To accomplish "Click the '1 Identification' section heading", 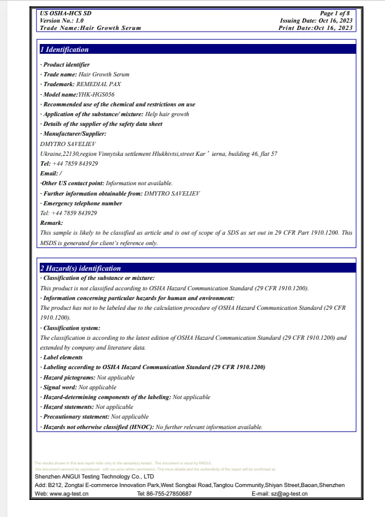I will pyautogui.click(x=64, y=50).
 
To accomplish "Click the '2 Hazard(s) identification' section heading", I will pyautogui.click(x=80, y=268).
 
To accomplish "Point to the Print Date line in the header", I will pyautogui.click(x=315, y=28).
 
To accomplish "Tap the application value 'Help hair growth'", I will pyautogui.click(x=167, y=114).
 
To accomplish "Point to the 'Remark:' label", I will pyautogui.click(x=51, y=223).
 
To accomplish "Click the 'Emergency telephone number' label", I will pyautogui.click(x=82, y=204).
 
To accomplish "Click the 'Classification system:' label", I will pyautogui.click(x=71, y=328).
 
